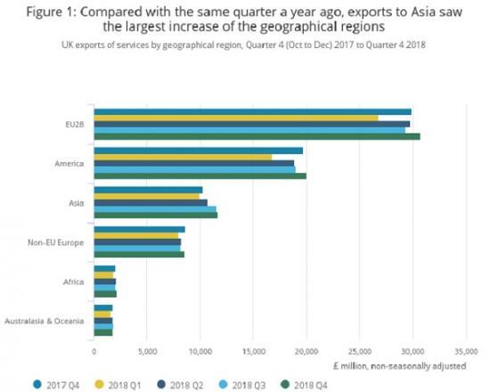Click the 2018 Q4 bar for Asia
(x=156, y=215)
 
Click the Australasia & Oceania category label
(x=45, y=320)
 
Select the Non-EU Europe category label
(x=56, y=241)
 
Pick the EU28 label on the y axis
(x=73, y=124)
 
